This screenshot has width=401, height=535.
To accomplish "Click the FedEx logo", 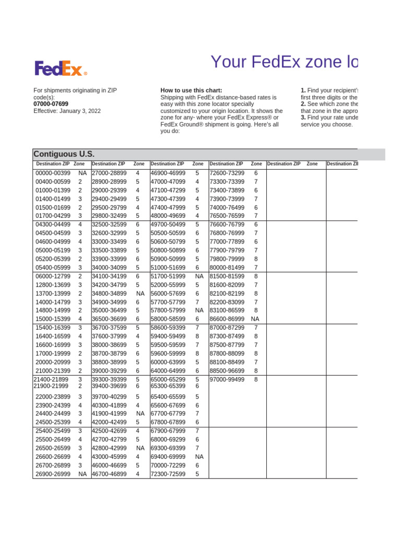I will pos(61,68).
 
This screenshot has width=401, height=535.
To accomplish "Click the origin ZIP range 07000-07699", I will pos(51,104).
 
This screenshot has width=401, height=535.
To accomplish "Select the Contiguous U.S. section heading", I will pos(64,154).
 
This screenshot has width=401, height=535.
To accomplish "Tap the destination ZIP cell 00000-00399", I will pos(53,173).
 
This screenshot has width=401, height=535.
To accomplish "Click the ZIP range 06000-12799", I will pos(53,276).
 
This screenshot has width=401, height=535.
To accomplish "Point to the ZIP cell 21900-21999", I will pos(51,386).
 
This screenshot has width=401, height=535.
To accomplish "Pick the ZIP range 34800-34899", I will pos(109,293).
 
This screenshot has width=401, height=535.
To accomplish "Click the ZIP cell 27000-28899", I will pos(109,173).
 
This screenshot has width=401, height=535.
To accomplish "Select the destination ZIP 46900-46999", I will pos(168,173).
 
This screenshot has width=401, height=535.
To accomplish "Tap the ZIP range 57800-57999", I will pos(168,310).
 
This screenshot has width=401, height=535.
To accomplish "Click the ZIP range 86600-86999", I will pos(227,319).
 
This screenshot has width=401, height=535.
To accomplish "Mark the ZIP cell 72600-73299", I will pos(227,173).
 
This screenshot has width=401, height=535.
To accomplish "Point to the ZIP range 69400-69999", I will pos(168,457).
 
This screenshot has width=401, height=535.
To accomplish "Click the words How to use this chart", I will pos(195,90).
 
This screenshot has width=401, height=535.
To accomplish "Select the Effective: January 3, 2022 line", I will pos(67,111).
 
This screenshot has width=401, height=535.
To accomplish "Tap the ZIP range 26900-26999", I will pos(53,474).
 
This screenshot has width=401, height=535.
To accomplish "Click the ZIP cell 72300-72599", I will pos(168,474).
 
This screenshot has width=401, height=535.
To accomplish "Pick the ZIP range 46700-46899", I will pos(109,474).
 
